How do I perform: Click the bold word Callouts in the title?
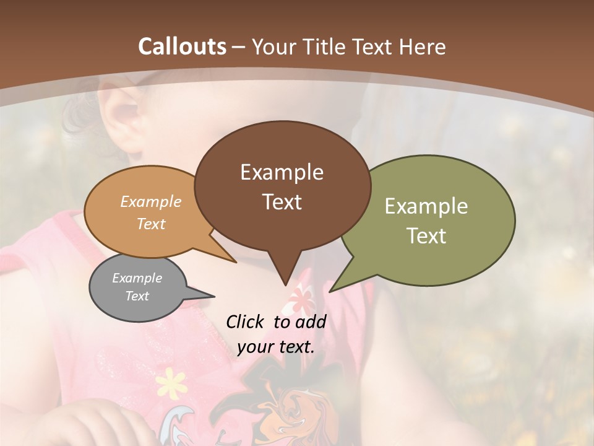182,46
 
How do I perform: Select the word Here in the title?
423,46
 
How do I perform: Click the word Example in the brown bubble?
282,172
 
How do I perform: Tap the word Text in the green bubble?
426,236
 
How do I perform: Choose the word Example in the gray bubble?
137,278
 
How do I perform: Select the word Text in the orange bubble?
151,224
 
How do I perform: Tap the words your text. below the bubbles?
276,347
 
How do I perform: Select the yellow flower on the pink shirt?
171,383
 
